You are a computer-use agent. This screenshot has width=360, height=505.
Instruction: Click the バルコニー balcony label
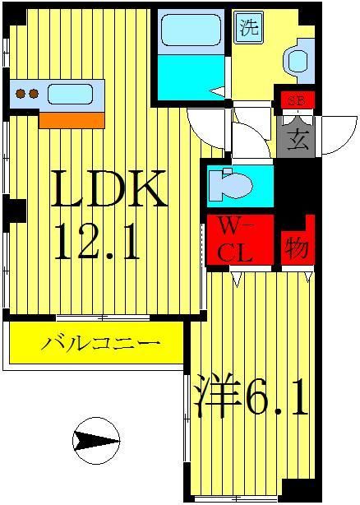click(95, 342)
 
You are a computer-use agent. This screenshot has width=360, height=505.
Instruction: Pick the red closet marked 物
click(297, 244)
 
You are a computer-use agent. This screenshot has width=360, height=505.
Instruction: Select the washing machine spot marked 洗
click(249, 27)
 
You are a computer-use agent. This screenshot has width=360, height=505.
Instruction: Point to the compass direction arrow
click(95, 442)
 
